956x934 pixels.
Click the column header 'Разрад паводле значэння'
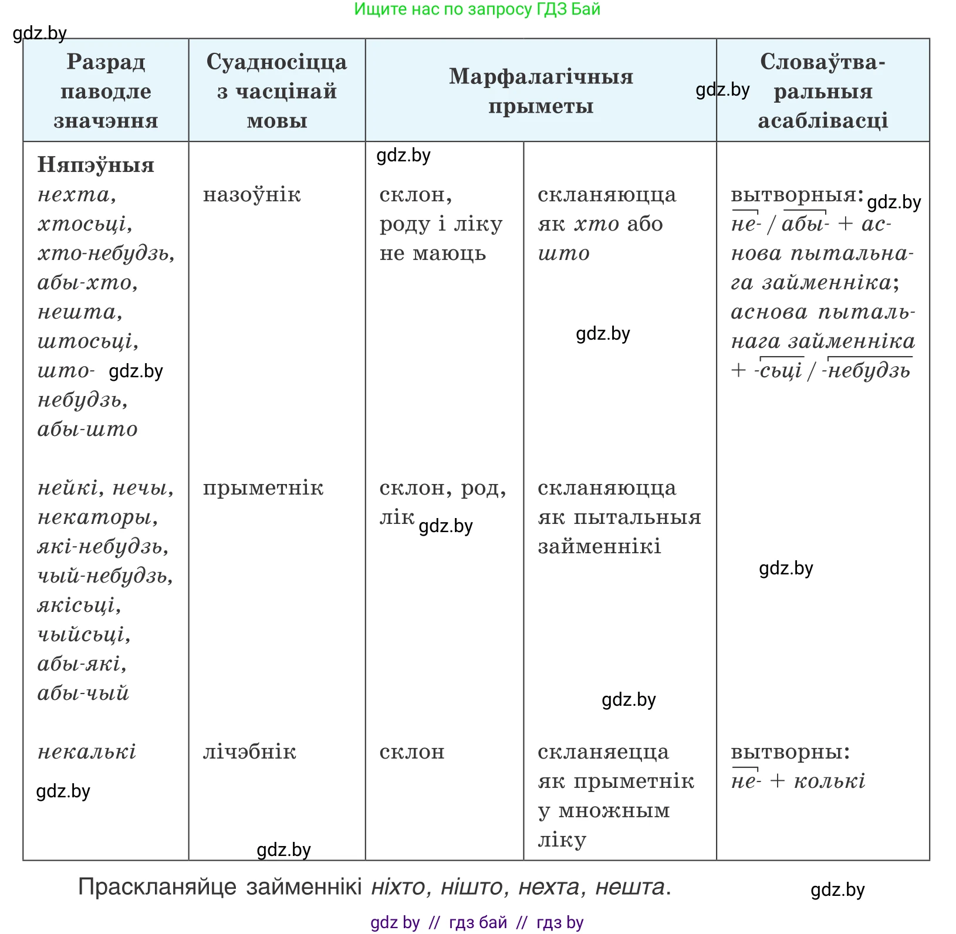(x=106, y=91)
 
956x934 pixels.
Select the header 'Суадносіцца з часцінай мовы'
(x=277, y=91)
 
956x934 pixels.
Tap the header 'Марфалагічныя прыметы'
(x=541, y=91)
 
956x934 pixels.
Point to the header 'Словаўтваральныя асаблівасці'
(x=823, y=91)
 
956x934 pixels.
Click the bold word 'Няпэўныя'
(x=96, y=165)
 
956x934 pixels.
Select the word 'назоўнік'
(x=252, y=194)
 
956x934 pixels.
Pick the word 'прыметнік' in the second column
(x=263, y=488)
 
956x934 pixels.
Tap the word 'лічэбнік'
(x=249, y=752)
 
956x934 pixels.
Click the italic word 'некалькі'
(x=87, y=752)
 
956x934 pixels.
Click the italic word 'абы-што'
(x=87, y=429)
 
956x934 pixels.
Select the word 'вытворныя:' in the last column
(x=798, y=194)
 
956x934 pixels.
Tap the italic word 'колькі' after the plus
(x=830, y=781)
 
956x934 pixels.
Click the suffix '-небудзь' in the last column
(x=867, y=371)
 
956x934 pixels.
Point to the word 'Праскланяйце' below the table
(x=157, y=887)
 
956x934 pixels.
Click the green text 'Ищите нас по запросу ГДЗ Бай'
(x=477, y=9)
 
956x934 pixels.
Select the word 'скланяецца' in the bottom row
(x=603, y=752)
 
